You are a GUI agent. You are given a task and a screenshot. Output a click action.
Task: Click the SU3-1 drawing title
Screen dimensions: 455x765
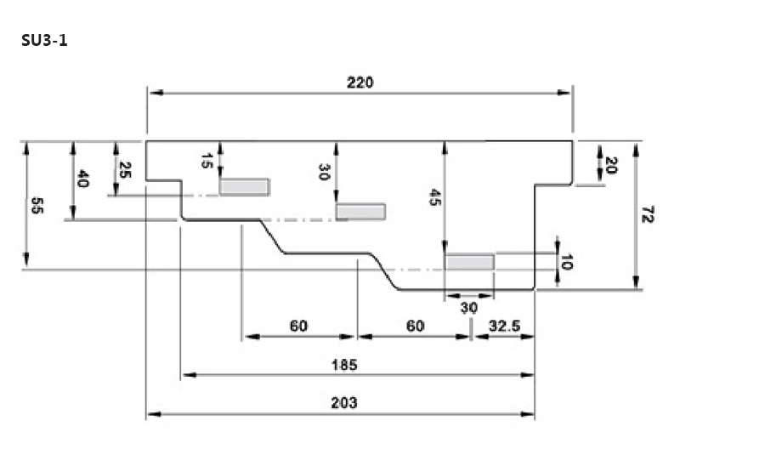44,40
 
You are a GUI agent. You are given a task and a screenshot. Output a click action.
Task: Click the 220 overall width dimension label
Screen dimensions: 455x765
360,82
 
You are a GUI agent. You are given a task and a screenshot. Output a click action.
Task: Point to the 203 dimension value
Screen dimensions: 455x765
343,403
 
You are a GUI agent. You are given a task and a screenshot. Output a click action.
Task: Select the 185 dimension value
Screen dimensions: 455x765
343,365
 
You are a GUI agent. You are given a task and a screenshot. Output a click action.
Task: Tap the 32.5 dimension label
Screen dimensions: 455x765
504,326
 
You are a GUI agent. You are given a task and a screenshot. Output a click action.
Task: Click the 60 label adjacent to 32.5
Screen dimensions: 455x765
415,326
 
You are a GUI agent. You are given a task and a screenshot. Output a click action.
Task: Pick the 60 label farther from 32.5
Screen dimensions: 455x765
298,326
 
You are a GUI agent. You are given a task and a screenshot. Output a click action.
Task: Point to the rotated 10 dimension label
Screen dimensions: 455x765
567,261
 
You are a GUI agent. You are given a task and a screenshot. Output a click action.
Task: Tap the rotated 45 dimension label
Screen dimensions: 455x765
434,198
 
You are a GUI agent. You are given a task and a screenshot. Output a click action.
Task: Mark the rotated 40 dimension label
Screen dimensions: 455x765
82,179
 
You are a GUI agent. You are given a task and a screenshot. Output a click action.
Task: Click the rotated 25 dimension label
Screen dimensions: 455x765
125,170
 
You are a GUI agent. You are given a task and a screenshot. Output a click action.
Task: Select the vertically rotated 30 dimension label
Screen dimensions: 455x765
324,173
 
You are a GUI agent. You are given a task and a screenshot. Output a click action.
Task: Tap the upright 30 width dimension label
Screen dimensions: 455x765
468,308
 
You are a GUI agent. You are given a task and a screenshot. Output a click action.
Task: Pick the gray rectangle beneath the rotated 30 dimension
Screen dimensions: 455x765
361,212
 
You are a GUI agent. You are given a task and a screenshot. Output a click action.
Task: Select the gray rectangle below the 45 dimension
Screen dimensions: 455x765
470,262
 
